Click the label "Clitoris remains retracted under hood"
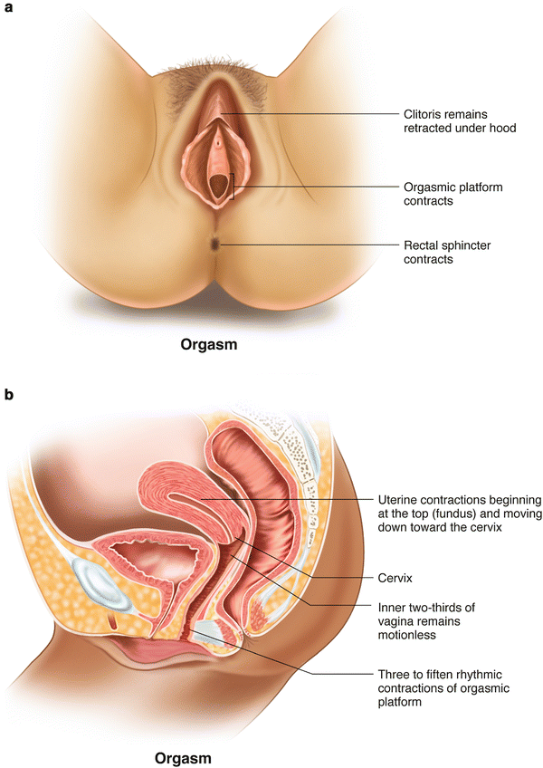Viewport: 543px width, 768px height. [446, 122]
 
